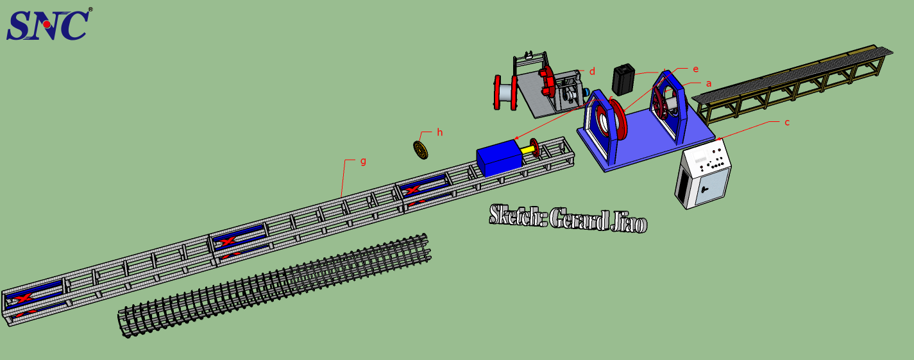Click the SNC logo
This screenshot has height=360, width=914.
(x=49, y=24)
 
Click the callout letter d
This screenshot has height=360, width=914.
(x=592, y=71)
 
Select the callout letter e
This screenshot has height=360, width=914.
(x=696, y=69)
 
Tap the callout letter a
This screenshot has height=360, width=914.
(x=709, y=83)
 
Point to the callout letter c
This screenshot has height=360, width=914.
(x=787, y=122)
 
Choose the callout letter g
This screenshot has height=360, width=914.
(x=363, y=161)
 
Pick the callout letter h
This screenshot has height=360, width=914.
(x=439, y=132)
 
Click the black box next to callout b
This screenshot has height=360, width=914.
(x=623, y=79)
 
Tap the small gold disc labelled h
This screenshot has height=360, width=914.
(x=420, y=150)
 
